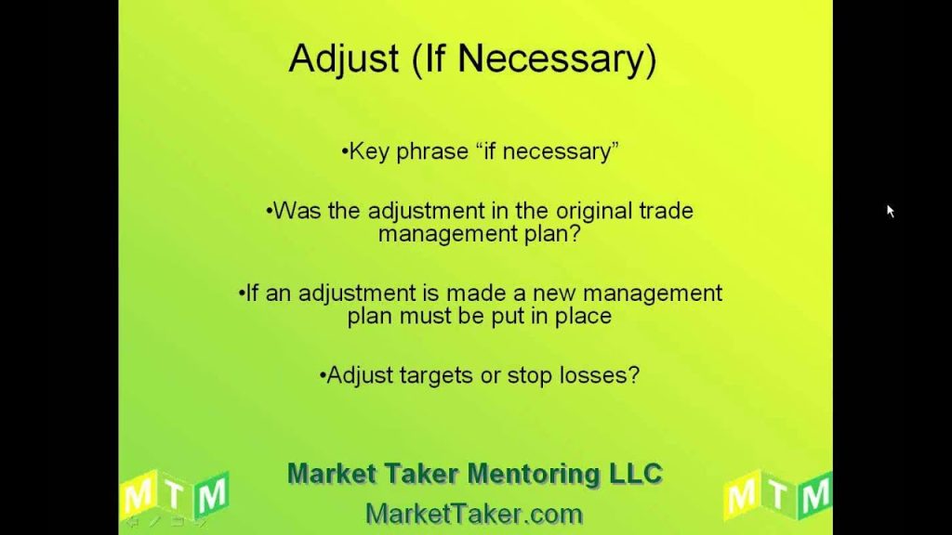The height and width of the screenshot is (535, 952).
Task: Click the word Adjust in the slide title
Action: click(344, 59)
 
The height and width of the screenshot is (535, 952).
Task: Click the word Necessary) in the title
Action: click(557, 59)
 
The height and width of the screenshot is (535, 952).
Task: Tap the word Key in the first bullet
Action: click(368, 151)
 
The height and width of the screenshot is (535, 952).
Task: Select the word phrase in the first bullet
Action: click(432, 151)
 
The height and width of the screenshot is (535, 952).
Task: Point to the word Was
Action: click(297, 211)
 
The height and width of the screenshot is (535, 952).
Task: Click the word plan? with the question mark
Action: click(552, 234)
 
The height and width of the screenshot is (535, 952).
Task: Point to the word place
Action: click(584, 316)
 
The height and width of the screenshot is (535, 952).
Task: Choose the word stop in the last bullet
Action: click(530, 376)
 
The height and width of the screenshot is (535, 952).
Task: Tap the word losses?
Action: click(600, 375)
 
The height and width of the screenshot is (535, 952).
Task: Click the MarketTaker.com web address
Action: click(474, 515)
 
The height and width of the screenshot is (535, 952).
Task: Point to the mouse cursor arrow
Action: click(890, 211)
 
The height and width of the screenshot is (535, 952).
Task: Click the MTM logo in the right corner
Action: click(778, 494)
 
